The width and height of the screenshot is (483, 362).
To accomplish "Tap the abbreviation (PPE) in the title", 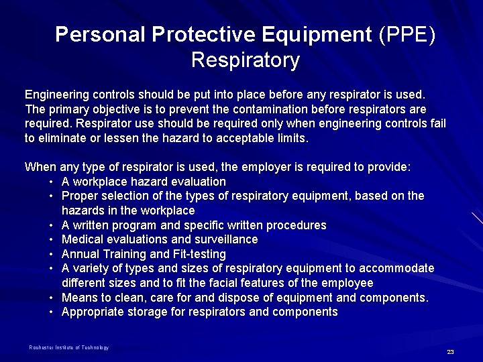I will pyautogui.click(x=407, y=34).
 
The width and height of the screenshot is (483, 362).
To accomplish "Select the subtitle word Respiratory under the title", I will pyautogui.click(x=245, y=60).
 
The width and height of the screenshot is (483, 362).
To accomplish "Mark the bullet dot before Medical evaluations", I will pyautogui.click(x=51, y=239).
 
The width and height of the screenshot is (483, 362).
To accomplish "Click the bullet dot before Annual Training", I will pyautogui.click(x=51, y=254).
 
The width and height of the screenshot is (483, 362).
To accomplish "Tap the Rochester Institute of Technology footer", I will pyautogui.click(x=68, y=347).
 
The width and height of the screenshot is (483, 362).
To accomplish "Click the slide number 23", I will pyautogui.click(x=450, y=352).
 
